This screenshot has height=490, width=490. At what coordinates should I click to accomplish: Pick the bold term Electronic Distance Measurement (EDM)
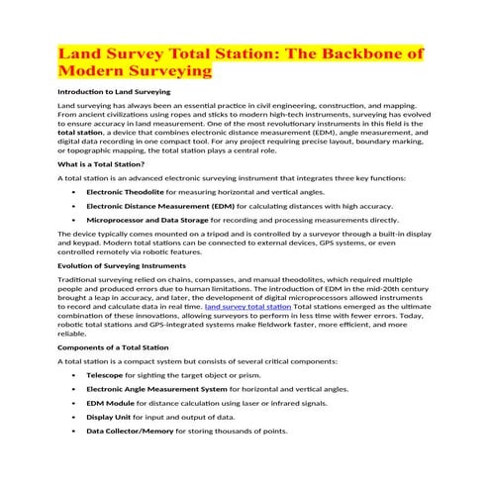153,205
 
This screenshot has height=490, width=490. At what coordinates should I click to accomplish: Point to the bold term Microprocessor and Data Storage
147,219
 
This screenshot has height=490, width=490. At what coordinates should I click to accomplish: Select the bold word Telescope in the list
105,376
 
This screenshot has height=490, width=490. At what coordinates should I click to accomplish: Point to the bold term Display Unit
109,418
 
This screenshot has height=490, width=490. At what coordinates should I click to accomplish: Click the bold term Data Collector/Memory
130,432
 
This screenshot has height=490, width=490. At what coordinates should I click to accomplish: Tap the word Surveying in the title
162,71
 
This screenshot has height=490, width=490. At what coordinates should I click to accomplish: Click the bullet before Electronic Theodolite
74,190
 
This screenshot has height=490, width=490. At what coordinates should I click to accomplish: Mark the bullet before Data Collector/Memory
74,432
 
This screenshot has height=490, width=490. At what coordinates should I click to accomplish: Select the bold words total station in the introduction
86,131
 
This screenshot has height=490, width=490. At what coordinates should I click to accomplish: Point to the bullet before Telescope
74,376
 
